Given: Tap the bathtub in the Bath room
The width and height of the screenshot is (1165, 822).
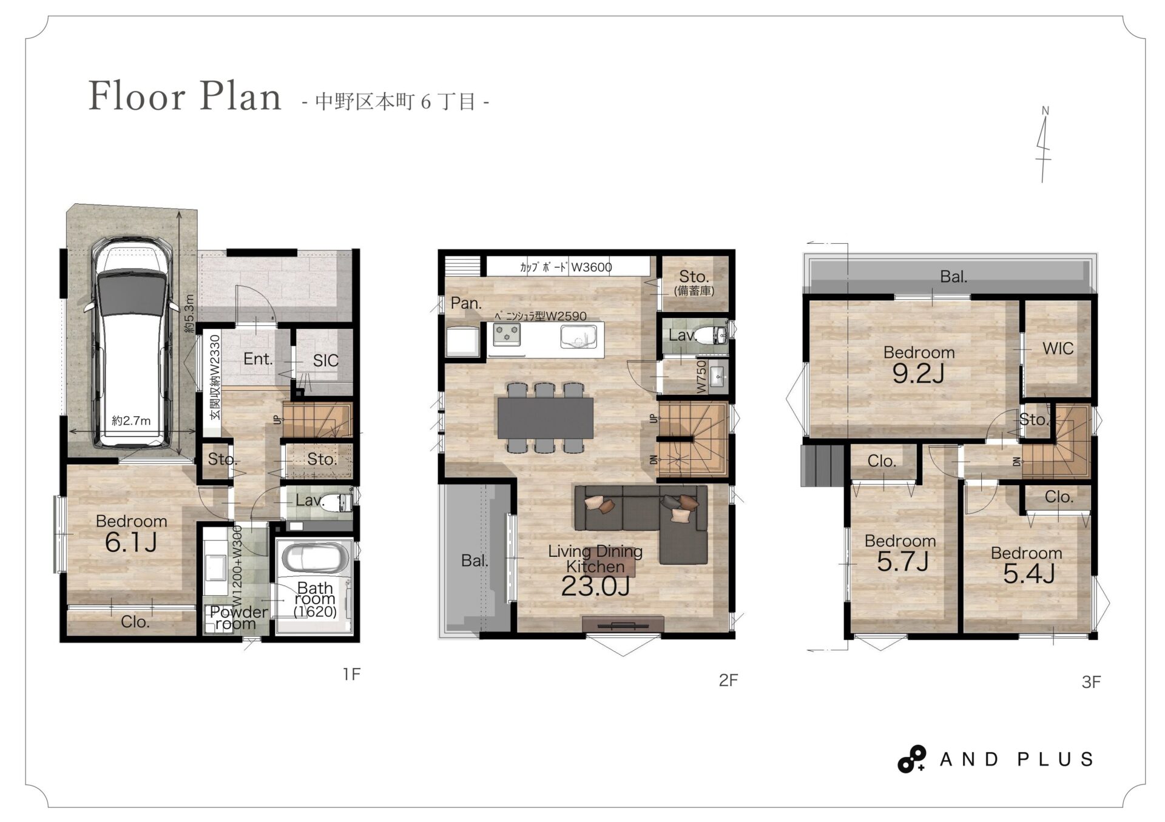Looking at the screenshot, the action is pyautogui.click(x=315, y=558).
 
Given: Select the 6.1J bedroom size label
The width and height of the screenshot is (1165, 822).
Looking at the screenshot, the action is pyautogui.click(x=131, y=542).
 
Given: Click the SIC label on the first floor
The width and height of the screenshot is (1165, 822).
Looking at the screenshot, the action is pyautogui.click(x=325, y=361).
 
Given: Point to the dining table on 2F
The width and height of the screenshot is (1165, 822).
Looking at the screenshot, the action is pyautogui.click(x=545, y=417).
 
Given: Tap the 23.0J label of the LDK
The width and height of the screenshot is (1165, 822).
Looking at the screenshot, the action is pyautogui.click(x=595, y=586).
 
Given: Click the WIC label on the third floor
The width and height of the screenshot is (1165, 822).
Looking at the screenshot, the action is pyautogui.click(x=1058, y=348).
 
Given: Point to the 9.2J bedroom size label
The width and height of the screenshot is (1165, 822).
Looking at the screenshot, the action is pyautogui.click(x=918, y=374).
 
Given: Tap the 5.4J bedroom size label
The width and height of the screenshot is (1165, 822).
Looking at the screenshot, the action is pyautogui.click(x=1028, y=574).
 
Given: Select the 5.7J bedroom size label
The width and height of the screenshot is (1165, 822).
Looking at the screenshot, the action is pyautogui.click(x=902, y=562).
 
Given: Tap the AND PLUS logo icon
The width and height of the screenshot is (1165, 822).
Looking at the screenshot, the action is pyautogui.click(x=911, y=759).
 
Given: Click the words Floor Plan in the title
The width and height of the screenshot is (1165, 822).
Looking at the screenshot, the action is pyautogui.click(x=185, y=96).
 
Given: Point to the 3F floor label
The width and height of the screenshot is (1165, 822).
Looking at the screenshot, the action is pyautogui.click(x=1091, y=682).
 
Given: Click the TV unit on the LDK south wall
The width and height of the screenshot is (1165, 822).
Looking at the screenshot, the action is pyautogui.click(x=623, y=624).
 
